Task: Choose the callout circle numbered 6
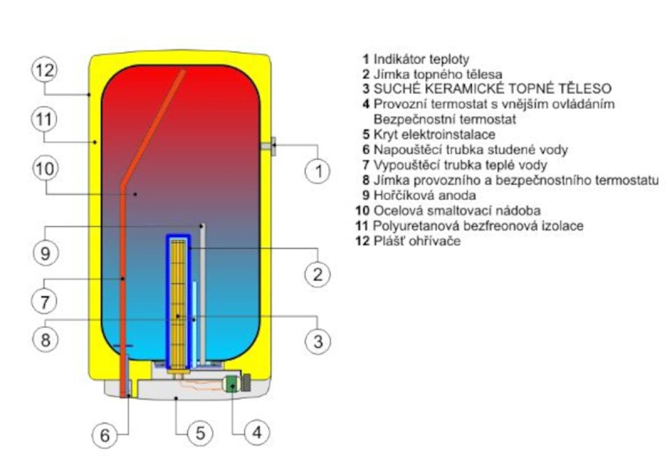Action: [x=105, y=435]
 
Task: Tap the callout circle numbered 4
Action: [x=257, y=433]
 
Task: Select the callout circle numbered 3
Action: [x=318, y=340]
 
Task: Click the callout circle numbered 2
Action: [x=318, y=274]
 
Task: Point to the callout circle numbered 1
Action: [x=318, y=171]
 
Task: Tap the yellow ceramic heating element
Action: [x=177, y=303]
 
